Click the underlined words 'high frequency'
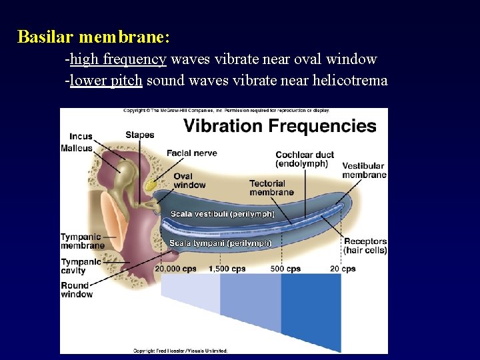pos(118,59)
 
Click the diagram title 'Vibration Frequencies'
pos(280,126)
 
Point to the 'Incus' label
pos(81,137)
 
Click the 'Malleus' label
pos(77,148)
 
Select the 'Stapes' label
pos(139,135)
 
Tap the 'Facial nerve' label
pos(191,153)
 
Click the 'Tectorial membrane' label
pos(271,188)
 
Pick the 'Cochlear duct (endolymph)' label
pos(304,159)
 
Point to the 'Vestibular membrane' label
pos(364,170)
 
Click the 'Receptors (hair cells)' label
pos(365,245)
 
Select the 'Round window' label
pos(77,290)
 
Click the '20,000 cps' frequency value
pos(175,269)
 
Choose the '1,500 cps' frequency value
pos(227,269)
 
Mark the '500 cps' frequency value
pos(285,269)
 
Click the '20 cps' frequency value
pos(343,269)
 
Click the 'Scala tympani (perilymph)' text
pos(220,243)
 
